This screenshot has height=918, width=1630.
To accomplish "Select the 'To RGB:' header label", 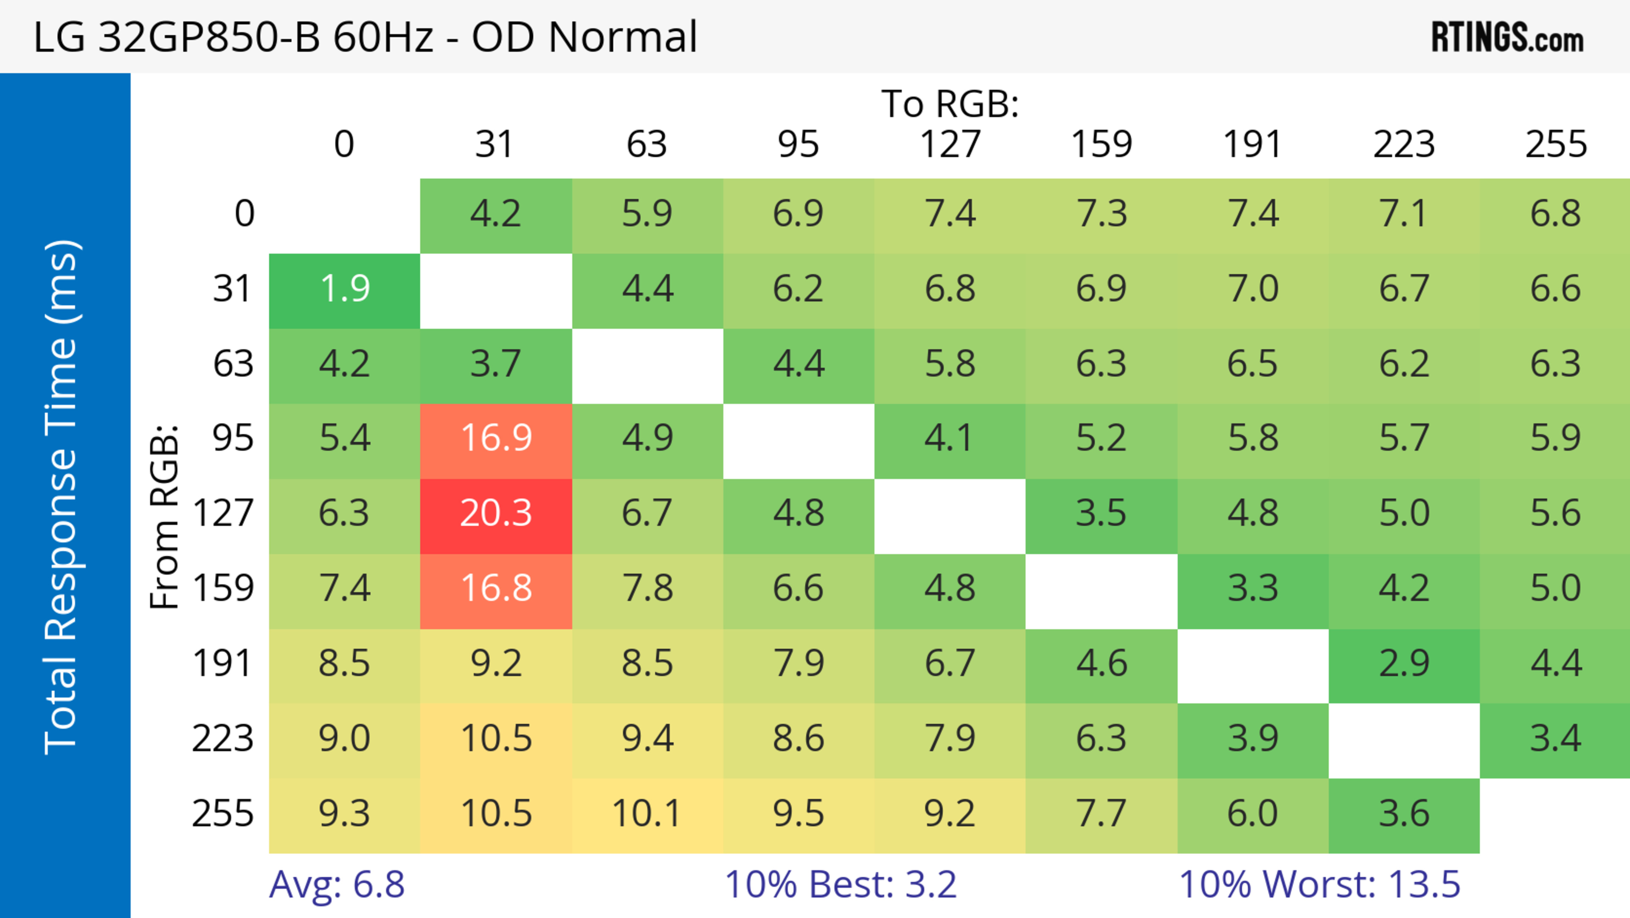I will tap(950, 104).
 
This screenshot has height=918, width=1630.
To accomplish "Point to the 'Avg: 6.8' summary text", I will tap(337, 884).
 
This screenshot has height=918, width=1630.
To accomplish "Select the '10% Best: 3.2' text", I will tap(840, 884).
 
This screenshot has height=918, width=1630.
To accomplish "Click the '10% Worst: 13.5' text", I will tap(1319, 884).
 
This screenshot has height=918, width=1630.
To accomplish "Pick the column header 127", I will tap(950, 144).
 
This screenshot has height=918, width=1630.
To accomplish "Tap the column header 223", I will tap(1404, 144).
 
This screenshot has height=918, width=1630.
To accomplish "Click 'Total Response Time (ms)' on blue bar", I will tap(62, 497).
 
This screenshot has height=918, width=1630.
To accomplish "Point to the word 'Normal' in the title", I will tap(623, 37).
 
